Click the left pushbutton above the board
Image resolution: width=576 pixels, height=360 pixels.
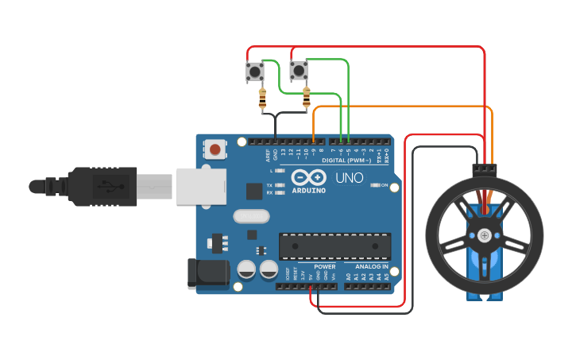tap(255, 72)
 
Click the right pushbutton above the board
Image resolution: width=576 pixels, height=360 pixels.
tap(299, 72)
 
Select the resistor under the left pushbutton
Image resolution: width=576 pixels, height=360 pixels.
tap(263, 99)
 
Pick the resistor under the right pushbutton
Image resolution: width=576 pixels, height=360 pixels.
tap(307, 99)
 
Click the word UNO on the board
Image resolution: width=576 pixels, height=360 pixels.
tap(350, 177)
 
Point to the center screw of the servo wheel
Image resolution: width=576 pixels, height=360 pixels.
tap(484, 234)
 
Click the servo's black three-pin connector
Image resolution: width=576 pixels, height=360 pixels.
tap(484, 169)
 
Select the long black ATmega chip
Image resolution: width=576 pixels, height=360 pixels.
tap(334, 246)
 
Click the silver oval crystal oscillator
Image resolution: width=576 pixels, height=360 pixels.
tap(252, 215)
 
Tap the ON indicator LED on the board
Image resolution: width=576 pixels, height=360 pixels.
tap(375, 185)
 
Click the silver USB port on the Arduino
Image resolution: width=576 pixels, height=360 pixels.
tap(196, 186)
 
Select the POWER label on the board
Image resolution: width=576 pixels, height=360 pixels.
tap(324, 266)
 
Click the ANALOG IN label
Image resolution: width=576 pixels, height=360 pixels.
tap(371, 266)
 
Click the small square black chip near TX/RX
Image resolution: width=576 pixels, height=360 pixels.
tap(254, 191)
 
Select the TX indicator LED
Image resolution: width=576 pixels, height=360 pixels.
tap(278, 184)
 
